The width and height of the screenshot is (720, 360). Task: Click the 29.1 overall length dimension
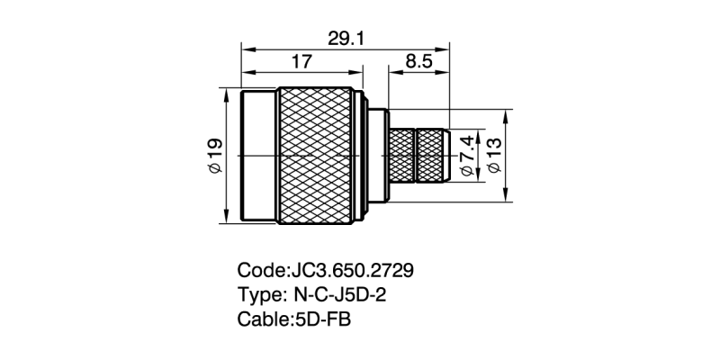(345, 39)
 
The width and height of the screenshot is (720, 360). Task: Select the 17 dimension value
(301, 62)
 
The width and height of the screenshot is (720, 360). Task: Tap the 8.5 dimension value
(418, 62)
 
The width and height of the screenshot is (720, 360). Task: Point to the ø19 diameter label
(215, 156)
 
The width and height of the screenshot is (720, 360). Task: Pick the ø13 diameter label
(494, 155)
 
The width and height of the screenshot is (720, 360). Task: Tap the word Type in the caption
(259, 294)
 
